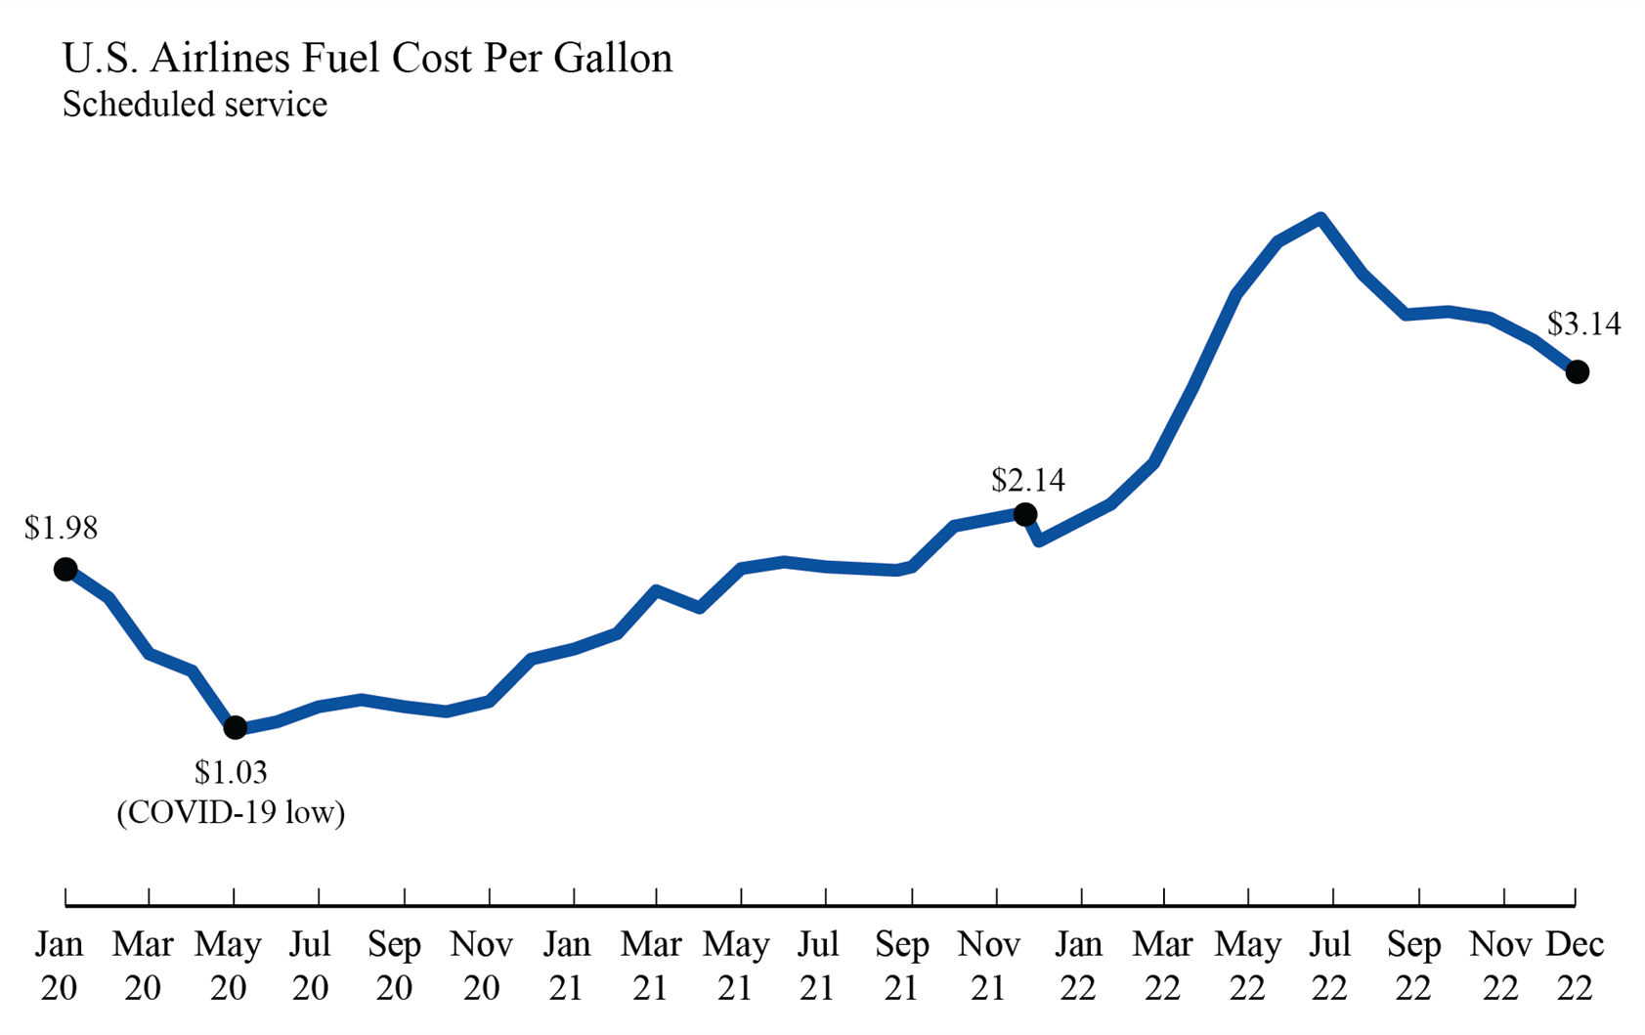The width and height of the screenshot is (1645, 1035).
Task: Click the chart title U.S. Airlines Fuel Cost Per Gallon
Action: click(368, 59)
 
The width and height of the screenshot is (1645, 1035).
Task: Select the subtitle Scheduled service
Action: click(195, 104)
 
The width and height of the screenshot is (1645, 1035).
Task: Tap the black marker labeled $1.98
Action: click(65, 569)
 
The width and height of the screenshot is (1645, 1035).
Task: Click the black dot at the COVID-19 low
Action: click(235, 727)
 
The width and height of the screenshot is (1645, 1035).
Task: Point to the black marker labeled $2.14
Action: click(1024, 514)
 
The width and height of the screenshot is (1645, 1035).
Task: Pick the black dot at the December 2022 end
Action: click(1577, 371)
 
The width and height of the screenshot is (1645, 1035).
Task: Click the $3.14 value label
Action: click(1583, 323)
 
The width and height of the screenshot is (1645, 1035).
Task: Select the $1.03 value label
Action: click(231, 772)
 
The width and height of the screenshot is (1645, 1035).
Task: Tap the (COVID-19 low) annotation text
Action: click(231, 812)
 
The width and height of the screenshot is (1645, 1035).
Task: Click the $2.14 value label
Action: click(1028, 480)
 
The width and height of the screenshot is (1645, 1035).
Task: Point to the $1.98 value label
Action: click(61, 528)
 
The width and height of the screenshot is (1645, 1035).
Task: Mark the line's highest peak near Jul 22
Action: click(1320, 218)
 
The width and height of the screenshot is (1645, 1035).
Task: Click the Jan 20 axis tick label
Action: click(60, 966)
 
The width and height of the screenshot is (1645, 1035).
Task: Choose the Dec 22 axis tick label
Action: click(1574, 966)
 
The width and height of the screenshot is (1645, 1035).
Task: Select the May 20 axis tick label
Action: click(228, 966)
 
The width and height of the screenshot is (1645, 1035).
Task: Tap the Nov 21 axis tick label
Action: click(988, 966)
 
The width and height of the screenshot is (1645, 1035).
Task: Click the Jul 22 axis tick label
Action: click(1329, 966)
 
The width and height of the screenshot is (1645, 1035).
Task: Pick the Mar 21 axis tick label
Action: click(651, 966)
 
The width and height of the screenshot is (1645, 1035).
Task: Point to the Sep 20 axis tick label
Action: click(394, 966)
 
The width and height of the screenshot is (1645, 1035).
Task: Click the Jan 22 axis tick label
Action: click(1078, 966)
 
